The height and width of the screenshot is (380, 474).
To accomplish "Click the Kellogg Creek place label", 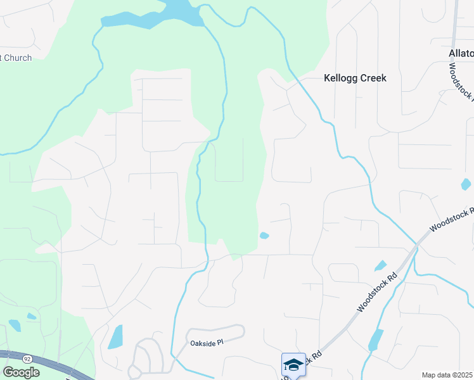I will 354,78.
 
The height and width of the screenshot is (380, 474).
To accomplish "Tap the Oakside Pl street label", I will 207,343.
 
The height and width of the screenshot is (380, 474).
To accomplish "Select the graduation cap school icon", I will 293,364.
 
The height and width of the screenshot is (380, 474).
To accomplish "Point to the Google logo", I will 20,372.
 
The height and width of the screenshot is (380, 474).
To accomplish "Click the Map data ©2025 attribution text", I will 447,375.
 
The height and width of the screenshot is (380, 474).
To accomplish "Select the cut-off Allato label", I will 461,53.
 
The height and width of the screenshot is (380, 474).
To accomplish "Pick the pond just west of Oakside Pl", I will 115,337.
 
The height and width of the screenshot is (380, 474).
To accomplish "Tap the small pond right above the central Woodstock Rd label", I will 380,265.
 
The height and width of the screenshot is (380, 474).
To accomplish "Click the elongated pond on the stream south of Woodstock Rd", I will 376,340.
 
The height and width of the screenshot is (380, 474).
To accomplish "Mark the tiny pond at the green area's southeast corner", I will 264,236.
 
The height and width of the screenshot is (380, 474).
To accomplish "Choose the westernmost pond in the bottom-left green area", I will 15,326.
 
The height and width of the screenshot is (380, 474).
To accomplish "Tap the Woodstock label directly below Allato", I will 461,82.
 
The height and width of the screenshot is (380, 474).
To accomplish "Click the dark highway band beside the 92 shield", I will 51,364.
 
